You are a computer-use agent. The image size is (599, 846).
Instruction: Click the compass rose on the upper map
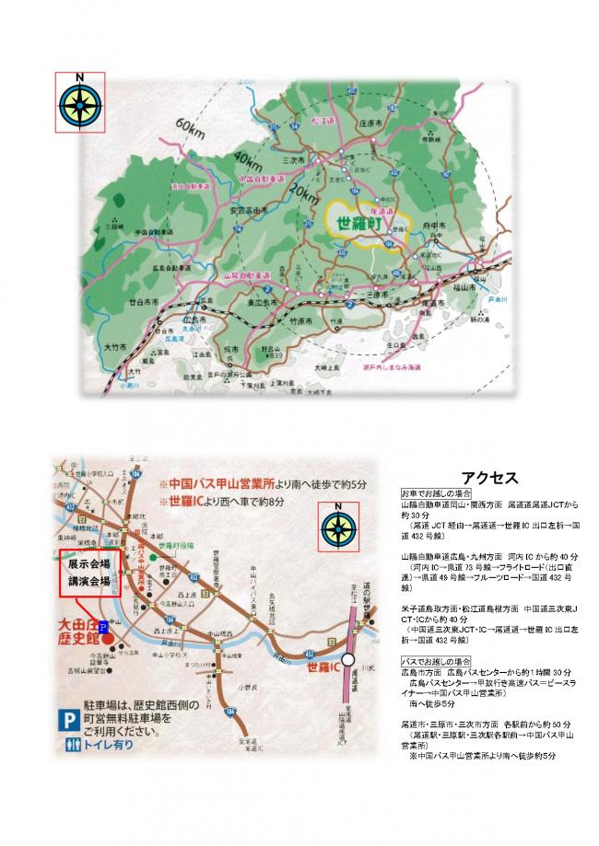[x=80, y=101]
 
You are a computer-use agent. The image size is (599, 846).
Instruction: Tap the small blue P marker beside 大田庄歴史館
[x=101, y=627]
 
